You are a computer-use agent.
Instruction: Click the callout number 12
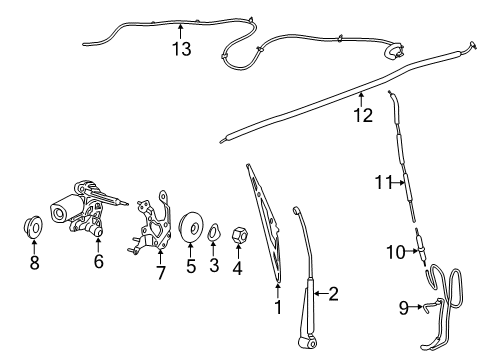coord(362,115)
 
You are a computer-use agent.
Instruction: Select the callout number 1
coord(278,308)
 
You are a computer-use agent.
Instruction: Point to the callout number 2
coord(333,293)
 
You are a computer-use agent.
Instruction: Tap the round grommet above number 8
coord(34,228)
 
